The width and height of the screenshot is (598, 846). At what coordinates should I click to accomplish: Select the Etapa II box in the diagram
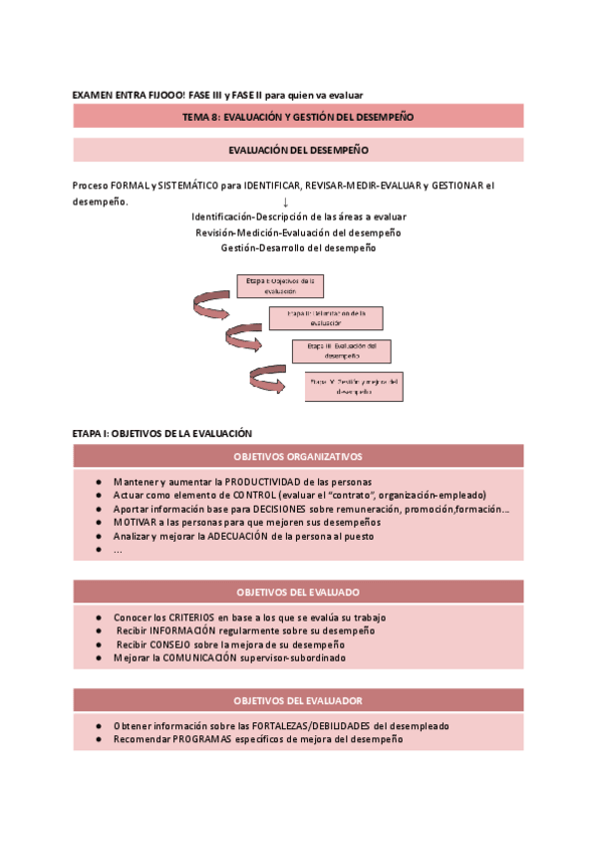point(325,318)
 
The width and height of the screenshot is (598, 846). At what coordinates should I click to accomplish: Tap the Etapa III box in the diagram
point(341,351)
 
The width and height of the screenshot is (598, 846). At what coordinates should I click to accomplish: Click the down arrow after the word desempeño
point(285,202)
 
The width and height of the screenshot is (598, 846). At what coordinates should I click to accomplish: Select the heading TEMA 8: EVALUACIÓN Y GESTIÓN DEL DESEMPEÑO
point(298,117)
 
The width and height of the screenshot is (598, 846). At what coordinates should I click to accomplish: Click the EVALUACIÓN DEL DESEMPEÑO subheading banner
point(298,151)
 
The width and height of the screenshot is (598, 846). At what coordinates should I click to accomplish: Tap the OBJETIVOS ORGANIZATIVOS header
point(298,457)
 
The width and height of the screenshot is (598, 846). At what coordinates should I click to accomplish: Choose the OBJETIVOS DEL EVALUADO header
point(298,592)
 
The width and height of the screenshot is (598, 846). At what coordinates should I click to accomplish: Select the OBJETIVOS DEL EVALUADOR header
point(298,700)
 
